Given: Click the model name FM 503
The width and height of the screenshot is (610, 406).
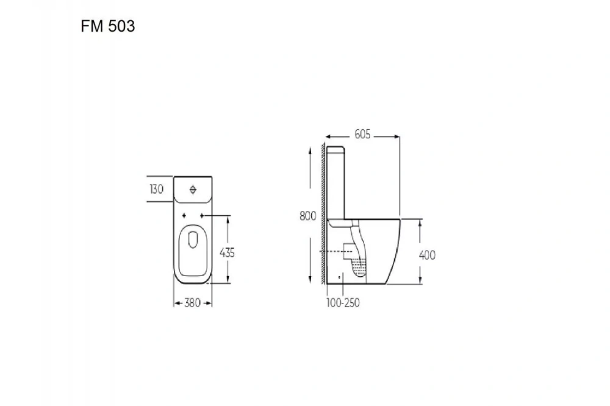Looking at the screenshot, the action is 108,26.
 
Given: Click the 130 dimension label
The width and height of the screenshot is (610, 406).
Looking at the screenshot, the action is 156,190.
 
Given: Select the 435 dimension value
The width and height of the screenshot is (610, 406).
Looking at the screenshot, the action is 227,253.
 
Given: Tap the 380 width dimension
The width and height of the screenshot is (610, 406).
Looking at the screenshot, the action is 192,303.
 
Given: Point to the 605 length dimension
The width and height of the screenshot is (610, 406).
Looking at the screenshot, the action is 362,135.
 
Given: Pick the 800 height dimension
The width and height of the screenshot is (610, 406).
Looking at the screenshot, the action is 307,216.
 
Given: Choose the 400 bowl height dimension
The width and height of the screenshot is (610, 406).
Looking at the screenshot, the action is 427,255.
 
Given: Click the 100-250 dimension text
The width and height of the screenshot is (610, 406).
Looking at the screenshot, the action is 343,303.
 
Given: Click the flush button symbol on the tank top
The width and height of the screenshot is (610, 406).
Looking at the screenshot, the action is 193,190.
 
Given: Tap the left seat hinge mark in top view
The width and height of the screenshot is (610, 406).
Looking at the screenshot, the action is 184,215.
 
